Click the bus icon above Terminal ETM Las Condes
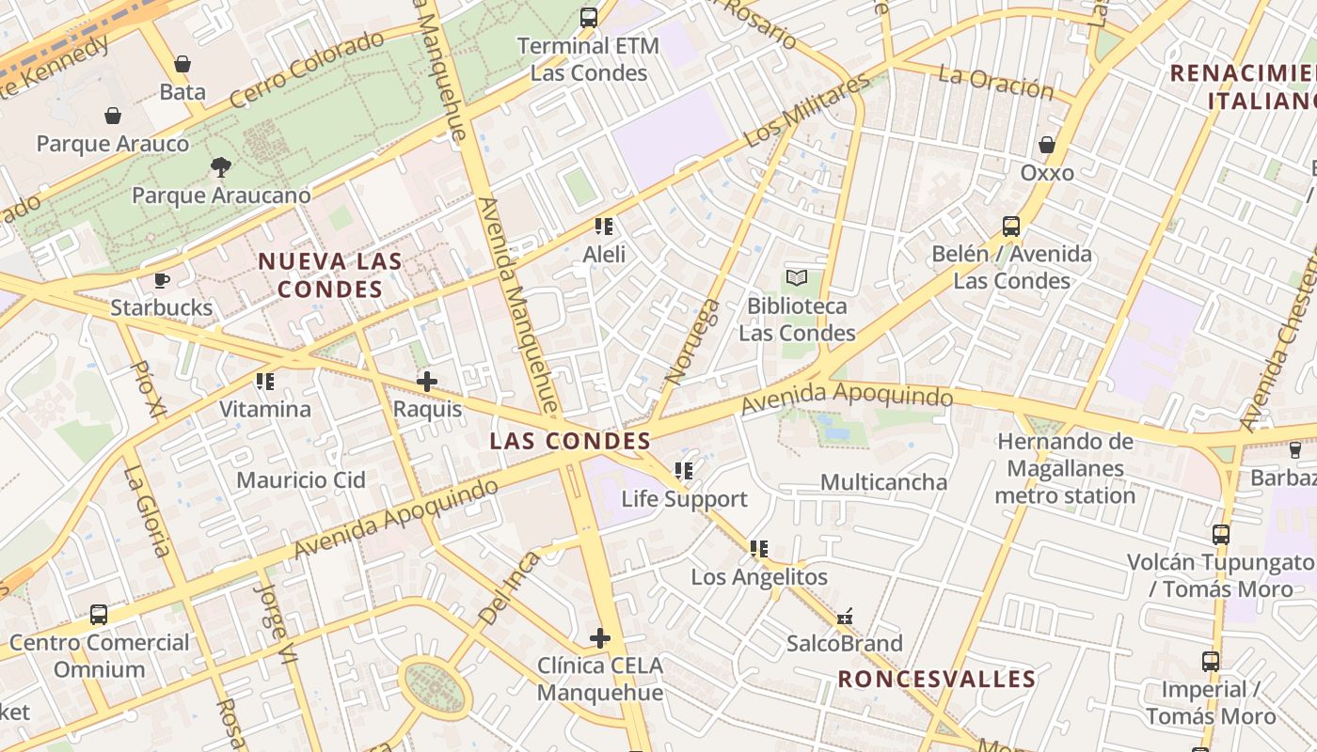[589, 17]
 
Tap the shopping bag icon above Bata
[182, 64]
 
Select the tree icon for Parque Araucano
[221, 167]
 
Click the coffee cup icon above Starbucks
[162, 280]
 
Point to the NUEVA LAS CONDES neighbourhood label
[329, 274]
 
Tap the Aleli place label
[604, 254]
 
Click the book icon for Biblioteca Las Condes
[797, 278]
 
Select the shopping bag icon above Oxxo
[1046, 145]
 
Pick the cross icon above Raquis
[427, 382]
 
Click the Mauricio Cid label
[300, 480]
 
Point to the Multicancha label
[883, 482]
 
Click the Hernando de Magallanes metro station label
[1065, 468]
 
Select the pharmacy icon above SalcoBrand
[845, 617]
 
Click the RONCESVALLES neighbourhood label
[937, 679]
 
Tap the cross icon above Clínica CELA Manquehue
[600, 638]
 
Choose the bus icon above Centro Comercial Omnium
[99, 615]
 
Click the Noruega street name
[691, 342]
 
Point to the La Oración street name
[995, 83]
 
